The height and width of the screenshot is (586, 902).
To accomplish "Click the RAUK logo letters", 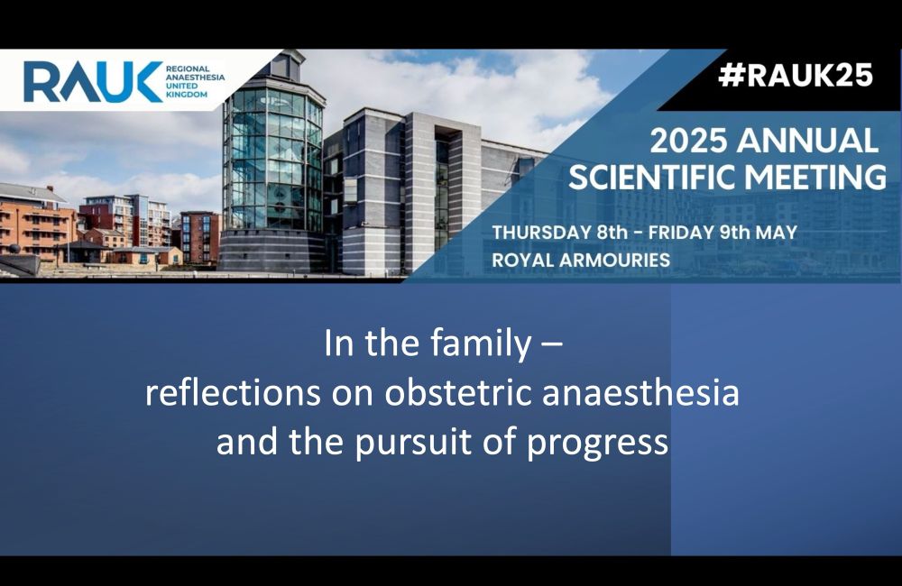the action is (93, 82).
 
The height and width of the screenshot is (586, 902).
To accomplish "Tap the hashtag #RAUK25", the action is (796, 76).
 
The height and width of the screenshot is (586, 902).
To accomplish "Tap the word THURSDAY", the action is (536, 233).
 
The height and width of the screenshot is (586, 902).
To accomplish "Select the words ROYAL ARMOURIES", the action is (581, 260).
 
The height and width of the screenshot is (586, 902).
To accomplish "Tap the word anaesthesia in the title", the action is (640, 393).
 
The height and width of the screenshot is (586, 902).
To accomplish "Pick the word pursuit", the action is (414, 444).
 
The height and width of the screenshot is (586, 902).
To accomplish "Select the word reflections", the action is (233, 393).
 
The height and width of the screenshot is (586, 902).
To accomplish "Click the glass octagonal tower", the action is (272, 161).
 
